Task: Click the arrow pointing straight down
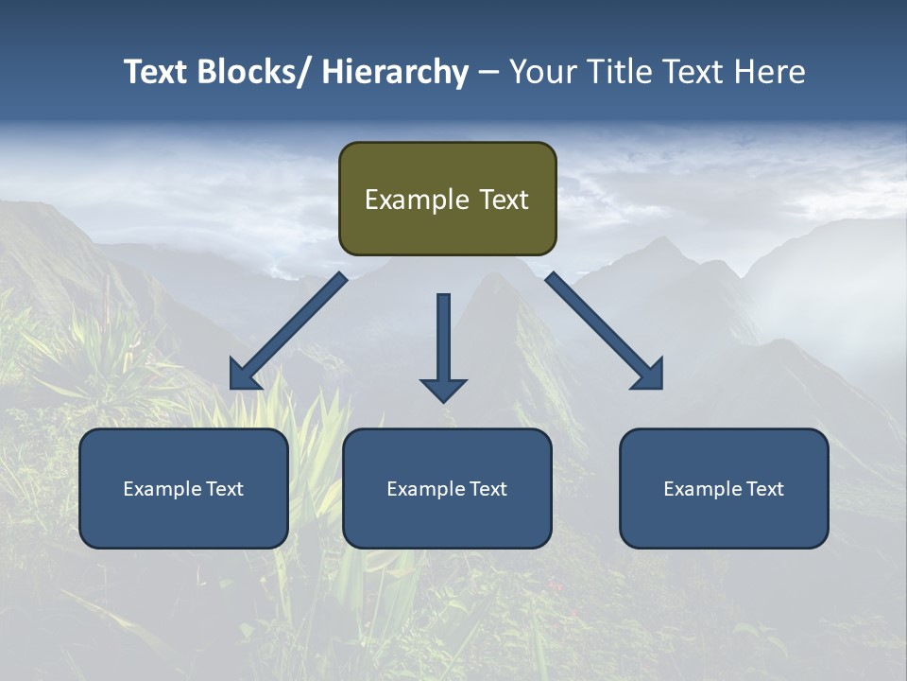click(443, 345)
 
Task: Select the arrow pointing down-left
click(288, 331)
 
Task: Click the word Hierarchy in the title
click(395, 72)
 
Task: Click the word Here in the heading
click(769, 72)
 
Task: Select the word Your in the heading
click(541, 72)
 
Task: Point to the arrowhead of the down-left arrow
click(244, 376)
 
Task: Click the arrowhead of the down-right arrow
click(649, 375)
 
